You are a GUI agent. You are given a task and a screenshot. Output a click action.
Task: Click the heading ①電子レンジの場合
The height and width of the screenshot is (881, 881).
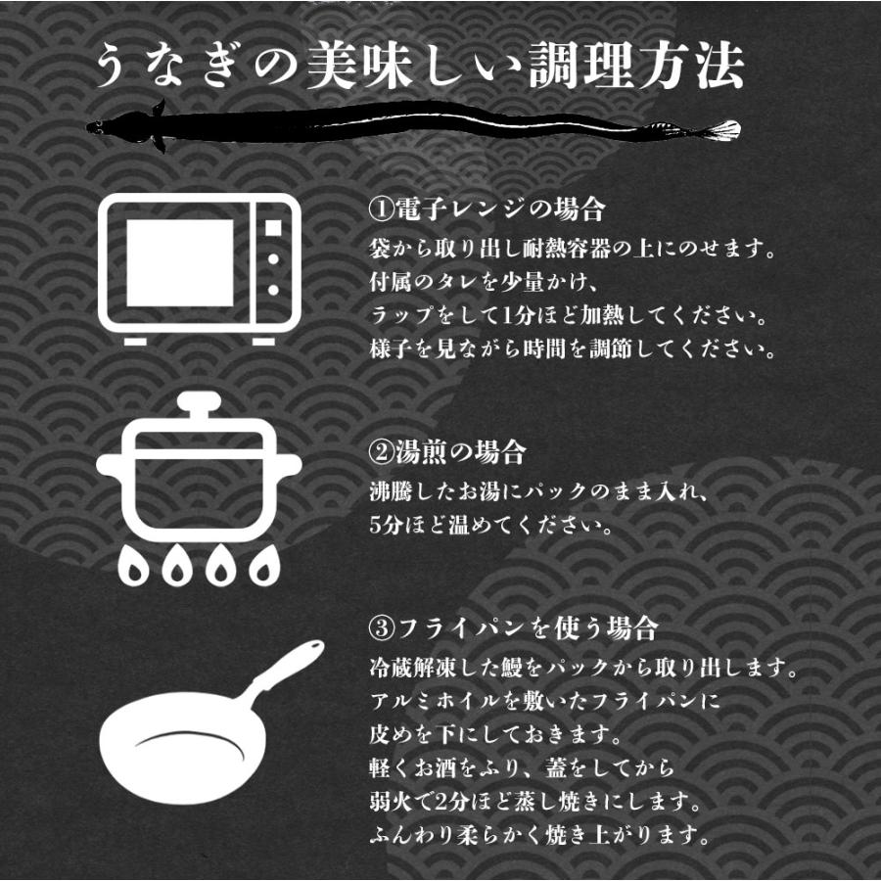click(487, 210)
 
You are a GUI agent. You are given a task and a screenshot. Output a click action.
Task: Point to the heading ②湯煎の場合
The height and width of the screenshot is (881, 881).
click(447, 453)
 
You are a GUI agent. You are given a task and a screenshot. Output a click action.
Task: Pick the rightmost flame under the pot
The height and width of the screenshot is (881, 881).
click(263, 566)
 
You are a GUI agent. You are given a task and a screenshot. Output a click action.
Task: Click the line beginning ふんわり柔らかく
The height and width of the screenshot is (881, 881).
click(537, 837)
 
